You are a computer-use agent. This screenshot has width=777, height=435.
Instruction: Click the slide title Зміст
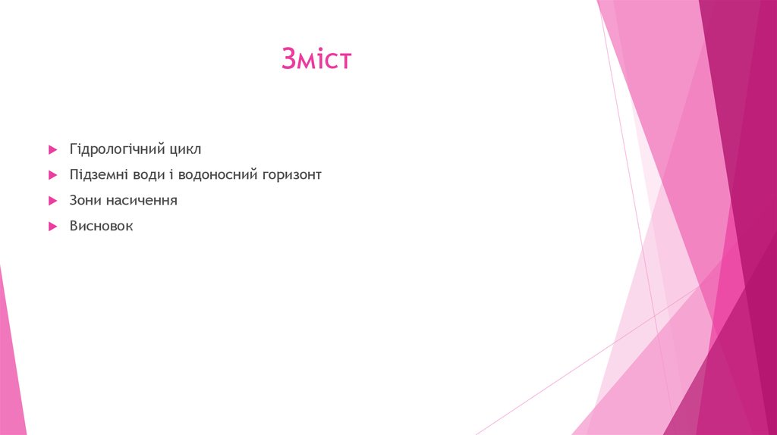click(x=316, y=59)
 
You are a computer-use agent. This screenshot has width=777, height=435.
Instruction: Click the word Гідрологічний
click(x=117, y=149)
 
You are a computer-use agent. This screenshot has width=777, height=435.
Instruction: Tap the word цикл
click(x=185, y=149)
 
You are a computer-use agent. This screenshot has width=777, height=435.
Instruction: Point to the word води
click(x=149, y=175)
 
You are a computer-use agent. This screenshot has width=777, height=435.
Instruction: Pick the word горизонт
click(x=291, y=175)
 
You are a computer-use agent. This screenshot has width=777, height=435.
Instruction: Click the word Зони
click(x=85, y=201)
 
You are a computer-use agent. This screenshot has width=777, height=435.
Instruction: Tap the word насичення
click(x=141, y=201)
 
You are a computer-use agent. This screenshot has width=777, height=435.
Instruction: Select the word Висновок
click(x=101, y=226)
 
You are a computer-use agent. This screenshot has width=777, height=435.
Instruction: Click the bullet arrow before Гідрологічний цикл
click(x=52, y=150)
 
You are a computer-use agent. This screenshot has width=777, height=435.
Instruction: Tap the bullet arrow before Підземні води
click(x=52, y=176)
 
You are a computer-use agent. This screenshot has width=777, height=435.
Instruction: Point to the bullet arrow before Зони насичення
click(x=52, y=202)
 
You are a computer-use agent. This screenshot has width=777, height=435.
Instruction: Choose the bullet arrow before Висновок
click(x=52, y=227)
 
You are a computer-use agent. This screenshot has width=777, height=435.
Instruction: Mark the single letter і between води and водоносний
click(x=171, y=175)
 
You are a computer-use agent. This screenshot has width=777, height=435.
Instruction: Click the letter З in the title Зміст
click(x=289, y=59)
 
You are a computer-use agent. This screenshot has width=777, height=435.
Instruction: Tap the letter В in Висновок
click(x=74, y=226)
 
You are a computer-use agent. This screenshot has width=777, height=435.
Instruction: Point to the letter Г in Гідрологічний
click(x=74, y=149)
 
